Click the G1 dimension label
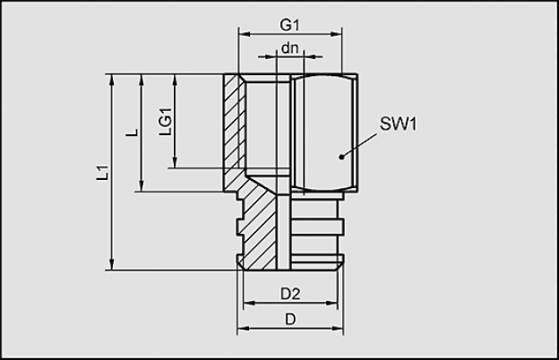click(x=290, y=25)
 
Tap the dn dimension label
click(x=289, y=48)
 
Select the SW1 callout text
click(x=398, y=124)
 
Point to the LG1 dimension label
click(x=166, y=122)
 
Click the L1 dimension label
click(x=103, y=172)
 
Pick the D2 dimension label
click(x=290, y=294)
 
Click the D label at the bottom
click(x=290, y=320)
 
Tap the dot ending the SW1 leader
click(x=341, y=157)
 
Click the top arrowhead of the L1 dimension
click(x=112, y=80)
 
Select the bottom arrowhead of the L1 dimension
click(x=112, y=264)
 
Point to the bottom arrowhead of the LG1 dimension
click(x=175, y=162)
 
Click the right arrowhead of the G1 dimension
click(x=336, y=34)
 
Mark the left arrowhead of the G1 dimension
click(x=245, y=34)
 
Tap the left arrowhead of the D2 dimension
click(x=249, y=304)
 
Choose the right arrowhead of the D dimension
click(x=338, y=328)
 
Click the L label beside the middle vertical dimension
click(x=133, y=133)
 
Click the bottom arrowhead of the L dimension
click(x=142, y=186)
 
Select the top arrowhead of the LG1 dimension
click(x=175, y=80)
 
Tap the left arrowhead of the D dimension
click(x=243, y=328)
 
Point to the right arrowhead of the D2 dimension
click(x=331, y=304)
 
